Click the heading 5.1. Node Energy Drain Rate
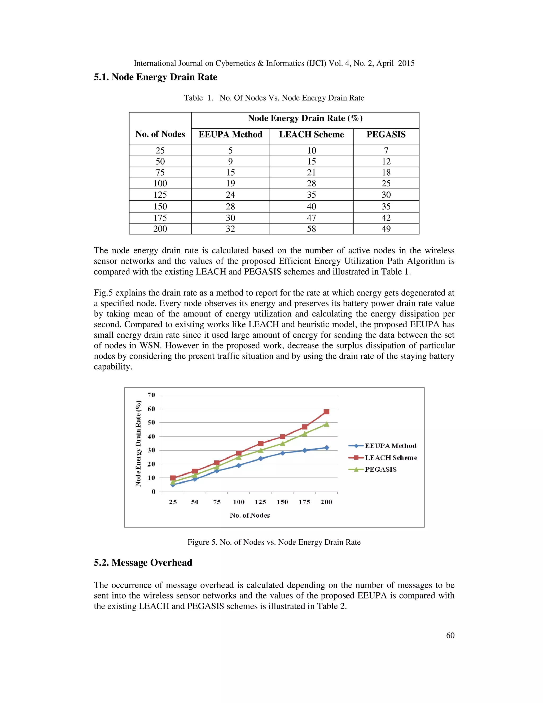pos(155,77)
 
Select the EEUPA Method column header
pos(230,134)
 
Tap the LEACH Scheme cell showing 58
pos(311,229)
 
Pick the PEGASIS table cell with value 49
pos(386,229)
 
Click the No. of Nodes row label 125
pos(160,195)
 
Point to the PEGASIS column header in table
pos(386,134)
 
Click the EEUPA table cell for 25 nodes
pos(230,151)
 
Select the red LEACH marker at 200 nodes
pos(326,412)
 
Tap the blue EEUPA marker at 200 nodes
pos(326,448)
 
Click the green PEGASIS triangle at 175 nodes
pos(305,434)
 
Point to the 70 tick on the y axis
pos(151,395)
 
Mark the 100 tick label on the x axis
pos(239,502)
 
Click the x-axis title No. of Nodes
pos(249,515)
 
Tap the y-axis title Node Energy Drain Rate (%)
pos(138,443)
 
